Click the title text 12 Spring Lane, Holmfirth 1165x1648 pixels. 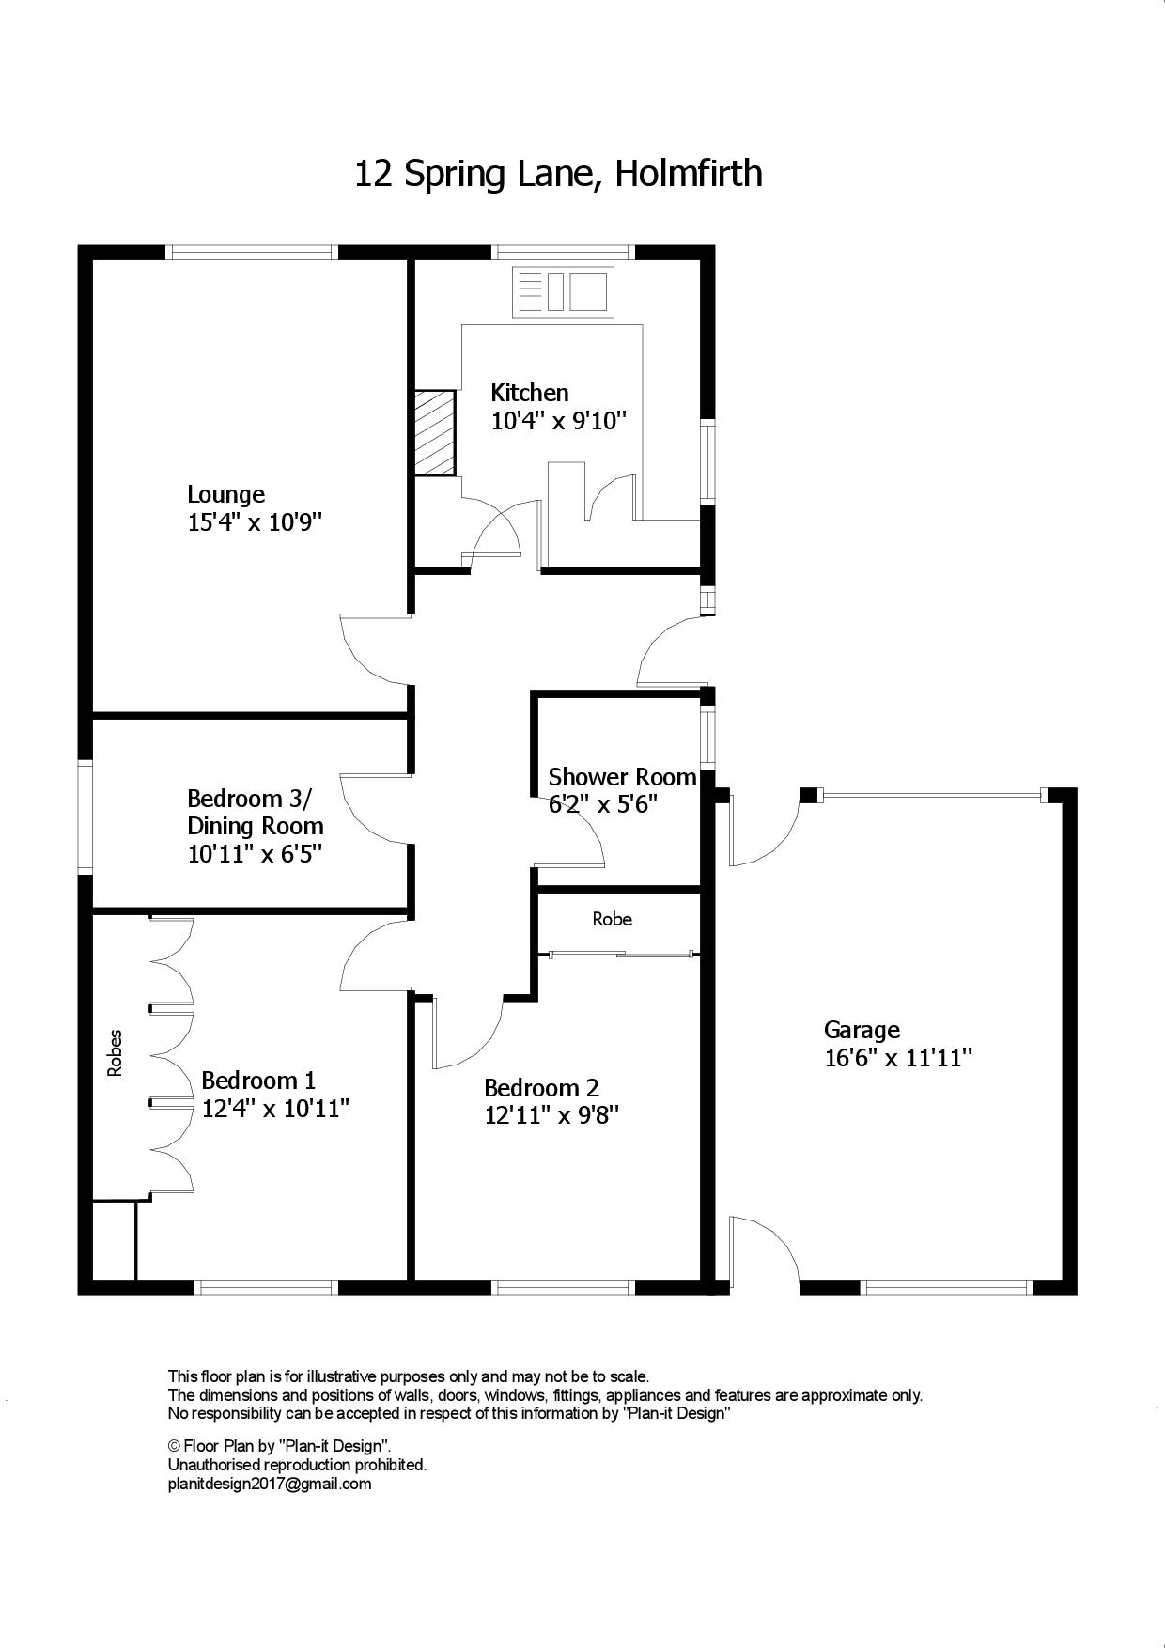tap(558, 175)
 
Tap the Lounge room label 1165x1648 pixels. tap(225, 494)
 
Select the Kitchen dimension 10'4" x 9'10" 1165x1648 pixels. tap(559, 420)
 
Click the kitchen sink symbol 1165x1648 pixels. tap(563, 290)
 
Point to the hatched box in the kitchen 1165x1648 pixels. tap(435, 433)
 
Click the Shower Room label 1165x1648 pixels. tap(622, 777)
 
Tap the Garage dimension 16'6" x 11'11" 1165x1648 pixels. tap(897, 1058)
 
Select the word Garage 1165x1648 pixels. tap(862, 1031)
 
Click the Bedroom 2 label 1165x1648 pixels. tap(541, 1088)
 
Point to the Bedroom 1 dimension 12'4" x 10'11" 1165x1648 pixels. tap(275, 1109)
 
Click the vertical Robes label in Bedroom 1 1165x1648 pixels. tap(116, 1053)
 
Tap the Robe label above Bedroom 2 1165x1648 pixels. tap(612, 919)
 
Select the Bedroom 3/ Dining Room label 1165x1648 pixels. tap(256, 813)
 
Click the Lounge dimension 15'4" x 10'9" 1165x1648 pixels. tap(255, 522)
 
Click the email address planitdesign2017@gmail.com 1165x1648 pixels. tap(270, 1485)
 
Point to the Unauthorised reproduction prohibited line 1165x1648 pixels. tap(297, 1465)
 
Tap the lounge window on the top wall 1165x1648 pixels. tap(252, 252)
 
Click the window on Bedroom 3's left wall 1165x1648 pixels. tap(85, 817)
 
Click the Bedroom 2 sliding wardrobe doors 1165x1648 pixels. tap(621, 955)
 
